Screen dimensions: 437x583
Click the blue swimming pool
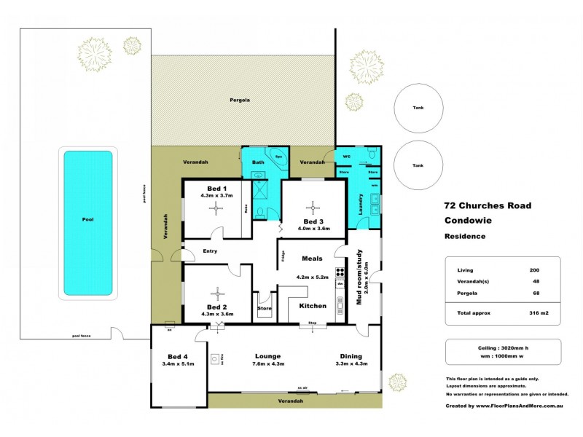coord(87,222)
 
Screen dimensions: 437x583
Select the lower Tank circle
coord(418,165)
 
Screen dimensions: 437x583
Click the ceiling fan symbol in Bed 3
coord(312,206)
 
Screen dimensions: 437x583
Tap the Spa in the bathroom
coord(278,157)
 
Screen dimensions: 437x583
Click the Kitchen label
coord(313,306)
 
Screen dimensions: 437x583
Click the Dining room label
coord(351,356)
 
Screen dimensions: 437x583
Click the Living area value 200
coord(534,270)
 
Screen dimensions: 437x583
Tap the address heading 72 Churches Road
coord(488,205)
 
